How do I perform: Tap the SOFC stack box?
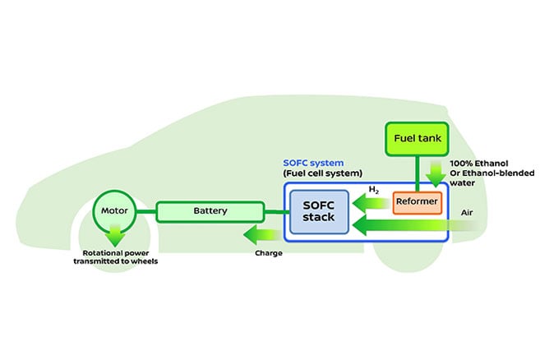[x=319, y=211]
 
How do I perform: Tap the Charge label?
[x=269, y=253]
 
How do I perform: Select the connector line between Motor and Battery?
[x=145, y=212]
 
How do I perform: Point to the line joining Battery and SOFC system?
[x=275, y=212]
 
